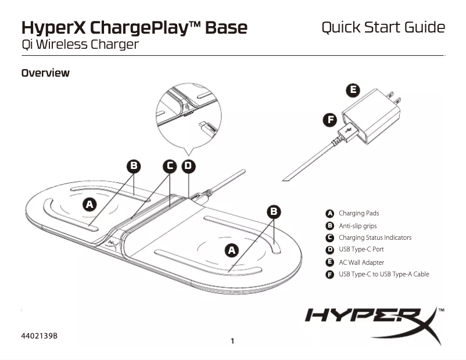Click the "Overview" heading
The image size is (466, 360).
45,73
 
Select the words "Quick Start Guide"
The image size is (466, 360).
383,27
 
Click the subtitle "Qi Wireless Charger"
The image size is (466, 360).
80,44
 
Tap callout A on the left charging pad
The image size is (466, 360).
89,204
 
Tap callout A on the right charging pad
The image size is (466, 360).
232,250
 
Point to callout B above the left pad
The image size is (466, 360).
134,167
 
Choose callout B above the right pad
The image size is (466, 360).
274,211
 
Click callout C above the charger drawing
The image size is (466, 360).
170,167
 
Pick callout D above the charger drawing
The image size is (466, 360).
188,167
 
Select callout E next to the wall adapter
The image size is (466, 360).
352,90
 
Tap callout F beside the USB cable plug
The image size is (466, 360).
330,120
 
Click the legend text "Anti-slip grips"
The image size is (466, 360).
358,225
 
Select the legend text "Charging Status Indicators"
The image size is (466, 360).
375,237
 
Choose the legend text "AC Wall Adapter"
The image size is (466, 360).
361,262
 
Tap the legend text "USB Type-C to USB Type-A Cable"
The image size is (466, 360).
383,274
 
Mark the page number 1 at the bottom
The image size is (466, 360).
232,341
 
